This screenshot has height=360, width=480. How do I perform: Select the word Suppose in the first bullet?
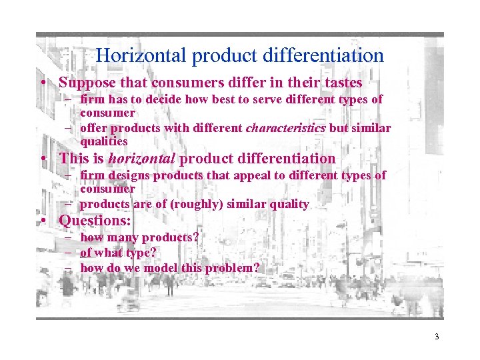pyautogui.click(x=83, y=83)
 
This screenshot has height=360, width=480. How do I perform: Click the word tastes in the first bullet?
pyautogui.click(x=342, y=83)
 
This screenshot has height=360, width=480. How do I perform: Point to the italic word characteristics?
pyautogui.click(x=286, y=128)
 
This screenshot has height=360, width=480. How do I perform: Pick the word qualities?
pyautogui.click(x=104, y=141)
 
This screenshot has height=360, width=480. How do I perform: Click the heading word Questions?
pyautogui.click(x=95, y=220)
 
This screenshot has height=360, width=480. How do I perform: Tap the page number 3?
pyautogui.click(x=437, y=337)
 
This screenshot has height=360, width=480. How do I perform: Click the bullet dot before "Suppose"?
pyautogui.click(x=42, y=84)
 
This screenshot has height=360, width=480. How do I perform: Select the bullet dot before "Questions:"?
pyautogui.click(x=42, y=221)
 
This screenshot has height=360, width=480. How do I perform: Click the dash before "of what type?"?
pyautogui.click(x=69, y=253)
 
